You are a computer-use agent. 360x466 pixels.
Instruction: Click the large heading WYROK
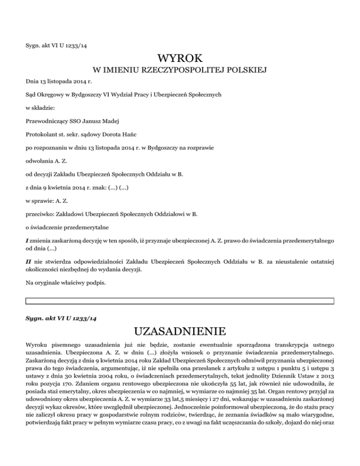pyautogui.click(x=180, y=59)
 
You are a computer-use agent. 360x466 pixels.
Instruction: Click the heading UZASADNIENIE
pyautogui.click(x=180, y=332)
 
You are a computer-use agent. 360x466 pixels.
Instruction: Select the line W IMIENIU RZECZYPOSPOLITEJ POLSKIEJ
pyautogui.click(x=180, y=71)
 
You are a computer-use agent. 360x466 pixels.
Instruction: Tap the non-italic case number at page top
pyautogui.click(x=59, y=45)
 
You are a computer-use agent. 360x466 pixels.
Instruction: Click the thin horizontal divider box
pyautogui.click(x=180, y=301)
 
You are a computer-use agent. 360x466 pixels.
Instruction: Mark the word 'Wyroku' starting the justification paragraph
pyautogui.click(x=36, y=346)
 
